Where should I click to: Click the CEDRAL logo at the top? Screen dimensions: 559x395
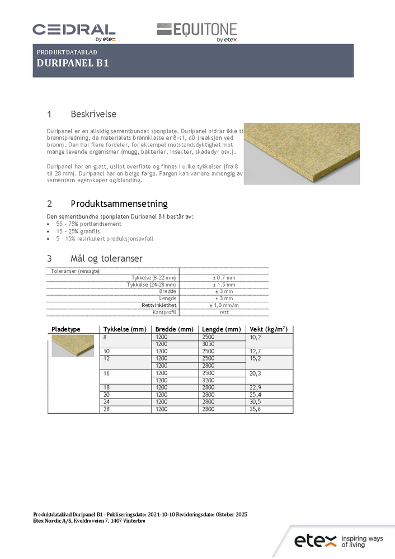(74, 31)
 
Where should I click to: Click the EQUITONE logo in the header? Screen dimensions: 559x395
(196, 32)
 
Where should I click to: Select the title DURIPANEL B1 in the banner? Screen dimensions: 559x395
(72, 63)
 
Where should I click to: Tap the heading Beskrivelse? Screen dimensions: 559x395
(93, 114)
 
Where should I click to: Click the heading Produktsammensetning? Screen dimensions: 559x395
(119, 203)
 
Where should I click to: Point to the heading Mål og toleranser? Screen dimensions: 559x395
(106, 258)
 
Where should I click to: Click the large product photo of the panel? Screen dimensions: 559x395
(301, 153)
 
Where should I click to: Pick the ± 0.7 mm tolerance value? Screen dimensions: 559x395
(224, 278)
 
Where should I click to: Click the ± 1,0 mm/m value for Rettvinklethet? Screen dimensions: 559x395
(224, 305)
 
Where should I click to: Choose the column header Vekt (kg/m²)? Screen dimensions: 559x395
(269, 329)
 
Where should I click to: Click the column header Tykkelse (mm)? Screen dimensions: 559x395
(125, 329)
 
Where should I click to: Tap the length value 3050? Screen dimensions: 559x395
(208, 344)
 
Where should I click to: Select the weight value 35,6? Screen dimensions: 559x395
(255, 409)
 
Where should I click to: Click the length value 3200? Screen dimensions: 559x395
(208, 380)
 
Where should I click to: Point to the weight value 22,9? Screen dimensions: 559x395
(255, 387)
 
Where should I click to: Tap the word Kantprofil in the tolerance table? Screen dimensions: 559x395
(164, 312)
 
